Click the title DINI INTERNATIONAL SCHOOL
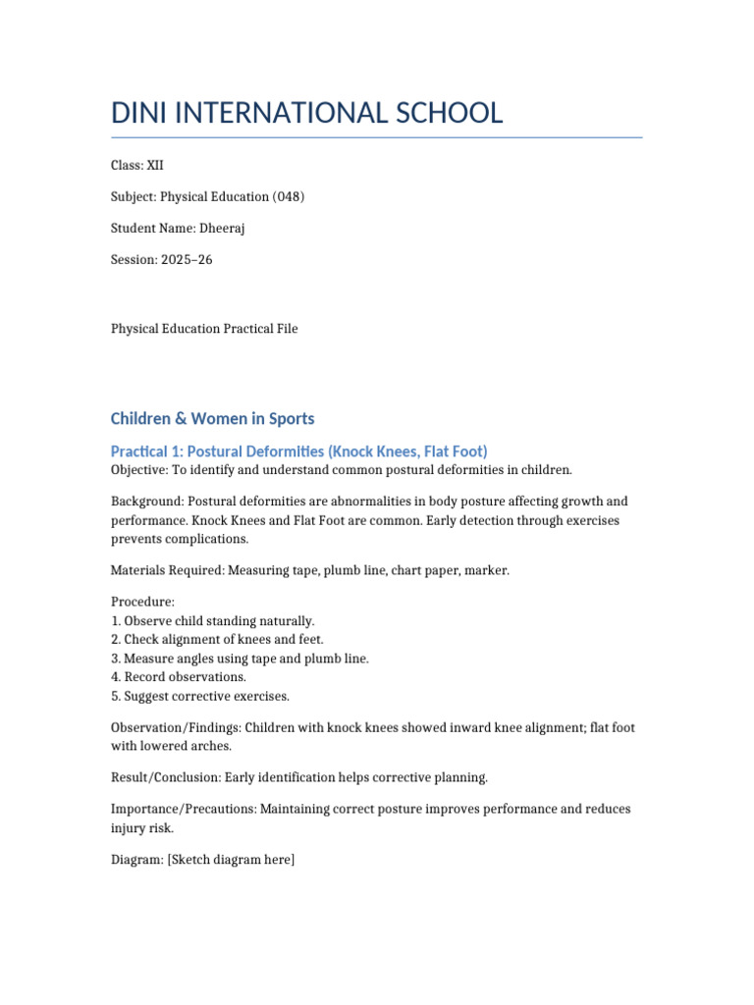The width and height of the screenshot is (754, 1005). tap(306, 113)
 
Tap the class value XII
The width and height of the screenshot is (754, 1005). tap(155, 166)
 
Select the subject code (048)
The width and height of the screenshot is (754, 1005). tap(289, 197)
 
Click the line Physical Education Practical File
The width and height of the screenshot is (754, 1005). tap(204, 329)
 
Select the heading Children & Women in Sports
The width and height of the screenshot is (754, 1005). tap(212, 419)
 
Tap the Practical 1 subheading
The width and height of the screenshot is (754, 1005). tap(298, 451)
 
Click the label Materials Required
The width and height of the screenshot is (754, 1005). tap(165, 570)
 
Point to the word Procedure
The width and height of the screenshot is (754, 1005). tap(140, 602)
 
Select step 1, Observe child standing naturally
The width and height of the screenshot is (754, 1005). tap(213, 621)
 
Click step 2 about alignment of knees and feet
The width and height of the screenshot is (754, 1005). tap(217, 640)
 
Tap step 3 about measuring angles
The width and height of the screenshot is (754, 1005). tap(240, 659)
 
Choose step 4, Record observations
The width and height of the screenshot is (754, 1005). tap(179, 677)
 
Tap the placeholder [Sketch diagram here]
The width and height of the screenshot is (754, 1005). tap(231, 860)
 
